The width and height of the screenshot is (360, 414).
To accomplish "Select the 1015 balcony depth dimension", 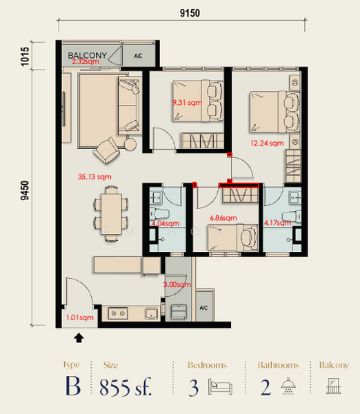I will [x=26, y=55].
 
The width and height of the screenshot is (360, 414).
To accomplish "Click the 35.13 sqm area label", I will [x=95, y=176].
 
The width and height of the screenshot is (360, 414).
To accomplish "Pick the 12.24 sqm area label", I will [x=267, y=144].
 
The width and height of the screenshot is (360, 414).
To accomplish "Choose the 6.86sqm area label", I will [x=221, y=218].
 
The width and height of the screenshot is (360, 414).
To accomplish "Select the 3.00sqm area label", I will [x=177, y=284].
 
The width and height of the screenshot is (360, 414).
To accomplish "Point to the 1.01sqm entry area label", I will [x=81, y=318].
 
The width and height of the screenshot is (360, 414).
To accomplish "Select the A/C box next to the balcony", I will [x=137, y=55].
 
